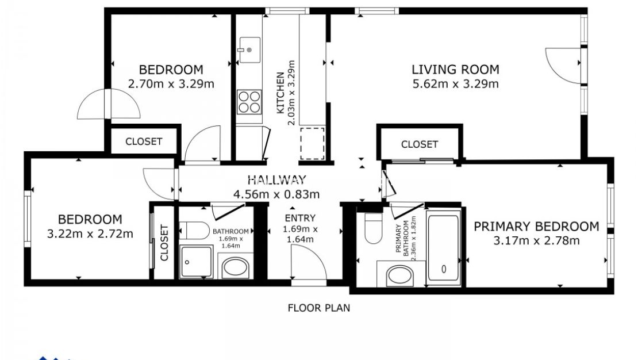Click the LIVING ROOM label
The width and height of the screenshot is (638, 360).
(455, 70)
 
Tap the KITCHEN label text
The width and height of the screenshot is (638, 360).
(280, 92)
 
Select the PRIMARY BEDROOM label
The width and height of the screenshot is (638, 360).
(536, 227)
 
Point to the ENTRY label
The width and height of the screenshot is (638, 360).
(299, 218)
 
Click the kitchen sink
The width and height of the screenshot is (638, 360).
(250, 49)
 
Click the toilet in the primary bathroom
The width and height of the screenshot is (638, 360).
(374, 228)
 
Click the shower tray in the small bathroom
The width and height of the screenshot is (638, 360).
(197, 262)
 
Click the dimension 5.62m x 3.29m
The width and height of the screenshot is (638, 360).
(455, 84)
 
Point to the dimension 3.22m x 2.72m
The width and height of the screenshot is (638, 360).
(90, 234)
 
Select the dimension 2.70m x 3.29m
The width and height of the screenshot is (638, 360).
(171, 84)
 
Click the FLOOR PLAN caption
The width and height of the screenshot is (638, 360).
(318, 308)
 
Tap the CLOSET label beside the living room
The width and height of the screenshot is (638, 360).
(419, 144)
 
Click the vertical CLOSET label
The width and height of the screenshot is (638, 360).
(164, 243)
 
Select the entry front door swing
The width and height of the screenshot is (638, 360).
(308, 262)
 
